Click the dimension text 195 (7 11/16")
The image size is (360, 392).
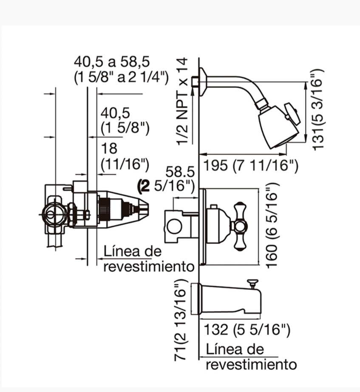[251, 165]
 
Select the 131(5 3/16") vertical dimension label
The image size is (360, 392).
[318, 110]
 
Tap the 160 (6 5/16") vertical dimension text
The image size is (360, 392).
[272, 226]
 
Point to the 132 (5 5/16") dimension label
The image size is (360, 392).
[247, 330]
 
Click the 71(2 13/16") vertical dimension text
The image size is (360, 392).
[181, 320]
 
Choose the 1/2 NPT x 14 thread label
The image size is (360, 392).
[182, 101]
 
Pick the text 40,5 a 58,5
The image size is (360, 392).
[112, 62]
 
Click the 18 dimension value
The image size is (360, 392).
[109, 149]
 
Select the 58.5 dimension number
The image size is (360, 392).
[180, 172]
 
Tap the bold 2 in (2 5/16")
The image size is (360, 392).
[145, 186]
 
